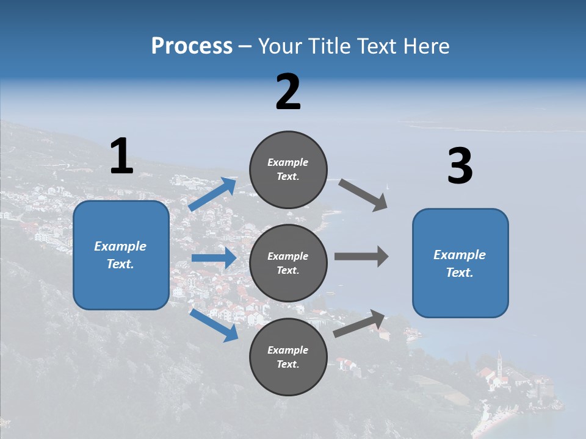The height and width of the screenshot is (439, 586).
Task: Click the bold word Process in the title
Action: (x=192, y=46)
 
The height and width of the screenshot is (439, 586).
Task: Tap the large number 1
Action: (x=121, y=157)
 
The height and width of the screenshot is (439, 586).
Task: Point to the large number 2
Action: (x=288, y=92)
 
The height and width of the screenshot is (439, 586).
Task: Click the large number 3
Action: (x=460, y=166)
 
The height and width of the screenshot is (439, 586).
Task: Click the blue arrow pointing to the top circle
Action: (x=213, y=195)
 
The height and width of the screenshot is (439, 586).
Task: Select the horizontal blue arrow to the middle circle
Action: (x=214, y=258)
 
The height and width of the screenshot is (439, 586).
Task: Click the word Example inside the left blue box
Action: (x=120, y=246)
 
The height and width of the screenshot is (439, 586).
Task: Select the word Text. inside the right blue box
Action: (x=460, y=273)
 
